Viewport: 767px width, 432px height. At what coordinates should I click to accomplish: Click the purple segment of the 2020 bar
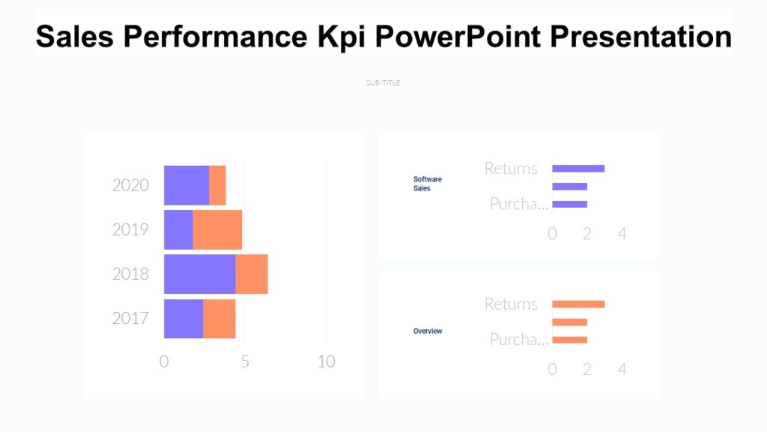pyautogui.click(x=187, y=185)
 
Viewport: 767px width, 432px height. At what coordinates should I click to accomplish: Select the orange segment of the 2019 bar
pyautogui.click(x=217, y=229)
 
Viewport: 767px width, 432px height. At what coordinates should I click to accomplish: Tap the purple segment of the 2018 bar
pyautogui.click(x=199, y=274)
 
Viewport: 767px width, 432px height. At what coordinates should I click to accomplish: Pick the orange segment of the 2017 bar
pyautogui.click(x=219, y=318)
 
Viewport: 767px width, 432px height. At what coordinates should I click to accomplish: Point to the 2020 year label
pyautogui.click(x=130, y=185)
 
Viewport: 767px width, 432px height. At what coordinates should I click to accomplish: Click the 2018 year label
pyautogui.click(x=130, y=274)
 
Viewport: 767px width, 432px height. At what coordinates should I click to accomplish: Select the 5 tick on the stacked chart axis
pyautogui.click(x=245, y=361)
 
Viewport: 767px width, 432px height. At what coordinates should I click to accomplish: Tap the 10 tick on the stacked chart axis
pyautogui.click(x=326, y=361)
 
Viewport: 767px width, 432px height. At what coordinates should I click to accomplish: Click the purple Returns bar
pyautogui.click(x=578, y=168)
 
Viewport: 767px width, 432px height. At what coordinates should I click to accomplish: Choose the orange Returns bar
pyautogui.click(x=578, y=304)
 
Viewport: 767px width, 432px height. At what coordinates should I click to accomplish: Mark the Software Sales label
pyautogui.click(x=428, y=184)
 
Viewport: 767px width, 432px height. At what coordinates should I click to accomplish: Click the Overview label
pyautogui.click(x=428, y=331)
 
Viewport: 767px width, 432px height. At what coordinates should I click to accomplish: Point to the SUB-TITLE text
pyautogui.click(x=383, y=82)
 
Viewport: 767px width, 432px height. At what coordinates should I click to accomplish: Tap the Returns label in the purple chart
pyautogui.click(x=511, y=168)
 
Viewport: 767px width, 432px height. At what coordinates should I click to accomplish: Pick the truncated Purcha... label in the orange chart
pyautogui.click(x=518, y=340)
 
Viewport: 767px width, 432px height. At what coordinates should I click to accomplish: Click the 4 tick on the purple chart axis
pyautogui.click(x=622, y=233)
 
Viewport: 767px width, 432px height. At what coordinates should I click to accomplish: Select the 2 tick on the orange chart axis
pyautogui.click(x=587, y=369)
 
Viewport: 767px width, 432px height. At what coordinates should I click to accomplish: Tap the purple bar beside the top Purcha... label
pyautogui.click(x=569, y=204)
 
